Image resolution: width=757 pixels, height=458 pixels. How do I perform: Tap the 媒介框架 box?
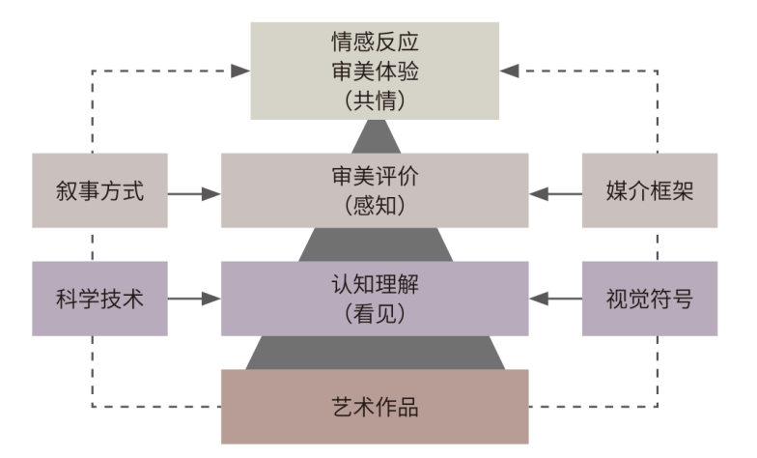(650, 191)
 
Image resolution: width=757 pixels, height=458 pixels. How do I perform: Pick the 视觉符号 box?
(650, 299)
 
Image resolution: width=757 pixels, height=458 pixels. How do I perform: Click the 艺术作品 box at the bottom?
(375, 406)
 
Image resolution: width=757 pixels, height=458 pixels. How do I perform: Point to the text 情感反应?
(375, 44)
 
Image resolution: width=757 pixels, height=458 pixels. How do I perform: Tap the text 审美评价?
(375, 178)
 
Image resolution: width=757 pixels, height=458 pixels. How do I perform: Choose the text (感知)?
(375, 205)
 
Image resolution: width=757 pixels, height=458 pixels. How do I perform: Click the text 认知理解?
(375, 285)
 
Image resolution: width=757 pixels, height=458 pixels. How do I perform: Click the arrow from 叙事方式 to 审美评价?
(193, 193)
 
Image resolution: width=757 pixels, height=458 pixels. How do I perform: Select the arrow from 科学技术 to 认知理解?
(193, 300)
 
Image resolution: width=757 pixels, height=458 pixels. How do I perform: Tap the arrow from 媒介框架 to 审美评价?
(557, 193)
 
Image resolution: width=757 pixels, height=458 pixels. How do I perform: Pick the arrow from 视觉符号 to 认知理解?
(557, 300)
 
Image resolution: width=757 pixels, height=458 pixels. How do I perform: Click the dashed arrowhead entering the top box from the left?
(239, 71)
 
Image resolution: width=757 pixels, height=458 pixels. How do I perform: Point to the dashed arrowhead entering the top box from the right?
(510, 71)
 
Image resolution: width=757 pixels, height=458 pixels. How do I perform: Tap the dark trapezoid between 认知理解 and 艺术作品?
(375, 352)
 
